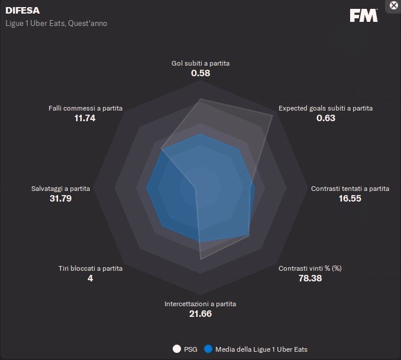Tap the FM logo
click(x=363, y=16)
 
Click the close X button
click(x=394, y=5)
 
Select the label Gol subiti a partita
click(x=200, y=63)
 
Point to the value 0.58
click(x=200, y=73)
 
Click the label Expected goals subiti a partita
click(x=325, y=108)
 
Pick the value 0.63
click(x=325, y=118)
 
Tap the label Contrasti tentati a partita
click(x=350, y=189)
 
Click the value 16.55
click(x=350, y=199)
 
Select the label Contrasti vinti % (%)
click(x=310, y=268)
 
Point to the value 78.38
click(x=310, y=278)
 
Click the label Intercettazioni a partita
click(x=200, y=304)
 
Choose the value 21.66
click(x=200, y=314)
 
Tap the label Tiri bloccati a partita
click(x=90, y=268)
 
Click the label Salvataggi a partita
click(x=61, y=189)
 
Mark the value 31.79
click(x=61, y=199)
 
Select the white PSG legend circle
click(x=176, y=349)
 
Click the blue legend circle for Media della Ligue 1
click(x=208, y=349)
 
